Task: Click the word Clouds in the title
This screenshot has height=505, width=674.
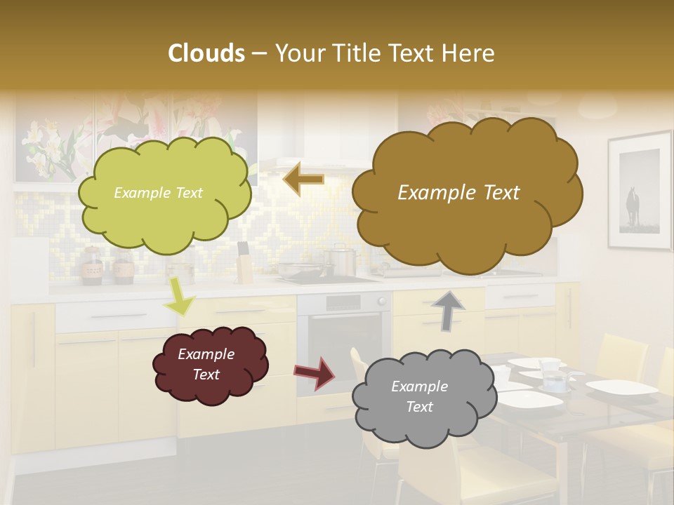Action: point(206,53)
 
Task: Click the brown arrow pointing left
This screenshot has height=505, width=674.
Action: point(303,180)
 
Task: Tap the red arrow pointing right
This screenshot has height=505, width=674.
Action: point(315,372)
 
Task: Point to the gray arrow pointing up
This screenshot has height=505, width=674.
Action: point(449,309)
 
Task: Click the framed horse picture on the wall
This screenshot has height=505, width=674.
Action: point(639,191)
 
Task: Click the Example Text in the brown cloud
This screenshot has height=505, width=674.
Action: point(458,193)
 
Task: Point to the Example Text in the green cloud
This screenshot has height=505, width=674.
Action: point(158,193)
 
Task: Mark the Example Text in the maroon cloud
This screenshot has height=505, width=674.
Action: point(206,364)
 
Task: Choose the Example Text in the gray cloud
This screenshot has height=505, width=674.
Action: point(419,396)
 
